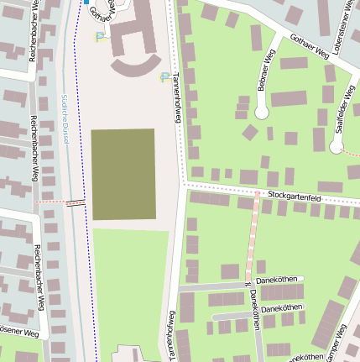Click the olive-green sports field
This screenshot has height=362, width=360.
(123, 174)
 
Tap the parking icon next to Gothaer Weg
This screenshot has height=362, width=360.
(101, 36)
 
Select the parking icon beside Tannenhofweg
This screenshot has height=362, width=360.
(164, 77)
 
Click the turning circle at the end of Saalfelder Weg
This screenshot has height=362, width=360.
(337, 147)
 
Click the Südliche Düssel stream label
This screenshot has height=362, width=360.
(65, 118)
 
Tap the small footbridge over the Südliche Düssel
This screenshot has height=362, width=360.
(76, 202)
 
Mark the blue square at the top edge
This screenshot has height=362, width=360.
(85, 2)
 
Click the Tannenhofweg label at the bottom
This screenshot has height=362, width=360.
(170, 336)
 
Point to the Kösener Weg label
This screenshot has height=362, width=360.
(18, 333)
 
